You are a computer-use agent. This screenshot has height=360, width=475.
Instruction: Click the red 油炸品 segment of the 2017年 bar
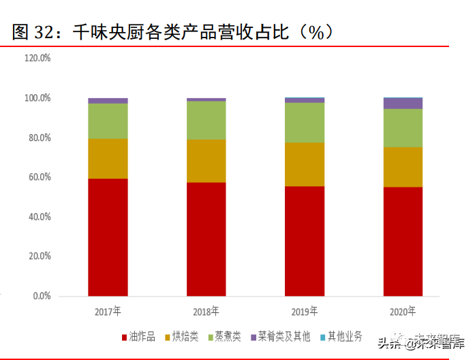tap(108, 237)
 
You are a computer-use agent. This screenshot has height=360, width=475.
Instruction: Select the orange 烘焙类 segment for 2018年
tap(206, 161)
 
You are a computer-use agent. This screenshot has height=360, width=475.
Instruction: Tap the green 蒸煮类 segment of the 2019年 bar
tap(304, 123)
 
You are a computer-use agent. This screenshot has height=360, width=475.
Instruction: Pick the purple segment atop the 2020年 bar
tap(403, 103)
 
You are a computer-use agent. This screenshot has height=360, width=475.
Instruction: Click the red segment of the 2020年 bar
tap(403, 241)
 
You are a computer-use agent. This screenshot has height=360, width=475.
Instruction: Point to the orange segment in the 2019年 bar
tap(304, 164)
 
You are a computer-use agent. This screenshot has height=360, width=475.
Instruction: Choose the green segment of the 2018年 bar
tap(206, 120)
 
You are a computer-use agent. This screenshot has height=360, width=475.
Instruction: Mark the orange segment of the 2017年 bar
tap(108, 159)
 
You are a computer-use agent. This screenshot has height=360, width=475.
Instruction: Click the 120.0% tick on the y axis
tap(37, 59)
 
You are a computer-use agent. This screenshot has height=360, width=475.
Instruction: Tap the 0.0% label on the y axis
tap(41, 297)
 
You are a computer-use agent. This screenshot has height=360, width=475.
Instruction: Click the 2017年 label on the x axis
tap(108, 312)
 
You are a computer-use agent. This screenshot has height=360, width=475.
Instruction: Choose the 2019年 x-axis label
tap(304, 312)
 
